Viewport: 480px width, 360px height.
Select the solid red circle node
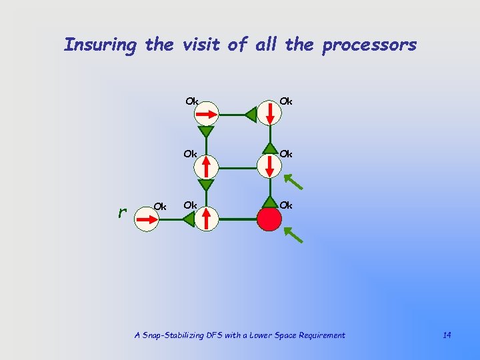click(x=269, y=219)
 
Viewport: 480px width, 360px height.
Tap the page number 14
click(x=446, y=335)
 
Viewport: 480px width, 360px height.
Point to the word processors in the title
click(x=369, y=45)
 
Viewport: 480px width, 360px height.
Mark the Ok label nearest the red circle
click(x=286, y=205)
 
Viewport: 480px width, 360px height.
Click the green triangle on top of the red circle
click(x=269, y=201)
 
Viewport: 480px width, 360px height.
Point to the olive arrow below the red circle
click(x=292, y=233)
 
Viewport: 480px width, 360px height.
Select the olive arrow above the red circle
click(x=291, y=181)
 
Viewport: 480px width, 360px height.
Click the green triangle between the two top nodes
click(x=249, y=115)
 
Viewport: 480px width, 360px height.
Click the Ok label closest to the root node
click(x=160, y=206)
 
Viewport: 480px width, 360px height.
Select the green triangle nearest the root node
click(x=189, y=219)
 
